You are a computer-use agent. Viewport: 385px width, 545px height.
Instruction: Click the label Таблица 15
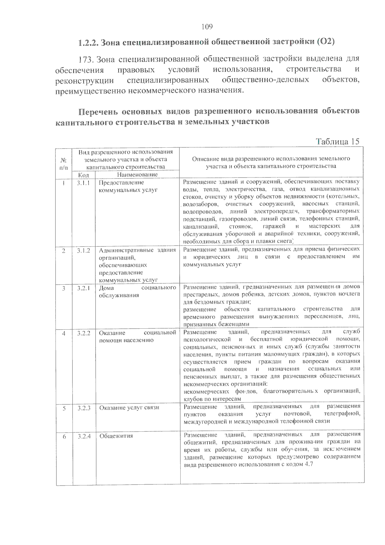click(x=337, y=141)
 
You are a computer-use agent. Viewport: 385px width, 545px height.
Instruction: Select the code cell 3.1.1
click(x=83, y=183)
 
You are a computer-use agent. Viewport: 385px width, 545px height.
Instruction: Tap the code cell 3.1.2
click(x=83, y=250)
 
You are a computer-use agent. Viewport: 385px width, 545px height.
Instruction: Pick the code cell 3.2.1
click(x=83, y=288)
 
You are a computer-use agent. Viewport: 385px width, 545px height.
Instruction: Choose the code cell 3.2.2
click(x=83, y=333)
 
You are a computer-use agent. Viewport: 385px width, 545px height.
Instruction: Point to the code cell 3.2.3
click(x=84, y=408)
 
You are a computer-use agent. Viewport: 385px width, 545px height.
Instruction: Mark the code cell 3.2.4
click(x=84, y=436)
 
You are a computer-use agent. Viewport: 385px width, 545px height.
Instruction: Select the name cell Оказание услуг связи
click(x=129, y=408)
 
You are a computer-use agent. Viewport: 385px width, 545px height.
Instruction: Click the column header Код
click(x=83, y=175)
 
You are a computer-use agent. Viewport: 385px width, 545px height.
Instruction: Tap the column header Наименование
click(x=137, y=175)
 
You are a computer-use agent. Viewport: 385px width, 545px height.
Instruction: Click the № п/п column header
click(x=64, y=163)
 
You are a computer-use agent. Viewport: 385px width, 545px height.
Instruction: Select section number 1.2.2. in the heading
click(x=89, y=42)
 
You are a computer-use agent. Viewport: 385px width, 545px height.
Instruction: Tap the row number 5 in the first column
click(x=64, y=408)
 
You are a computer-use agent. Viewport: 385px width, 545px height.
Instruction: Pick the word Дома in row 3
click(x=106, y=288)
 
